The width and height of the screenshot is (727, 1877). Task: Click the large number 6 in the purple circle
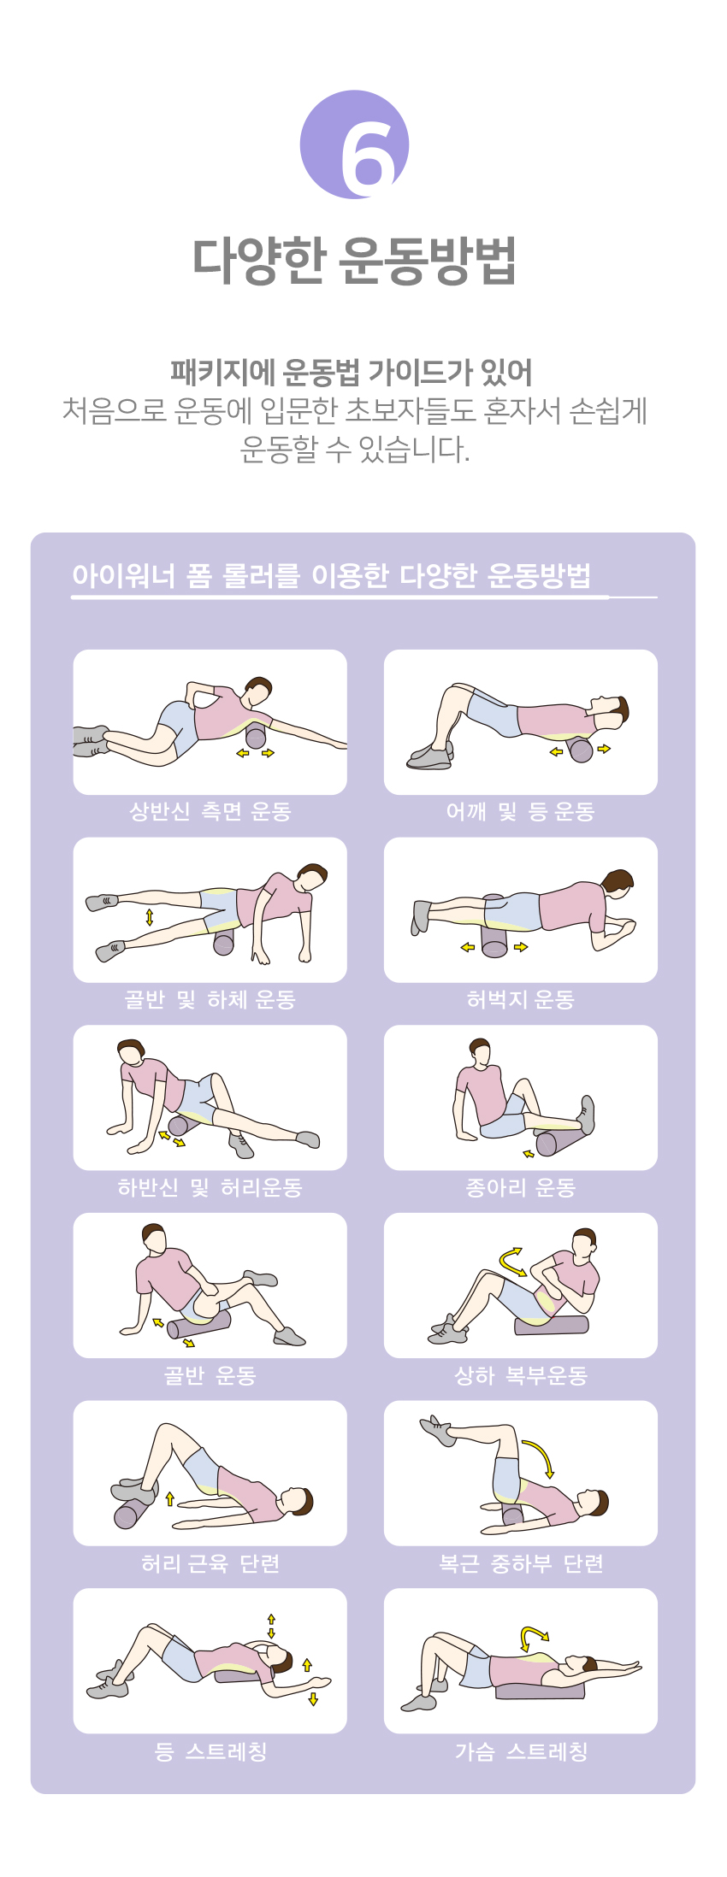367,155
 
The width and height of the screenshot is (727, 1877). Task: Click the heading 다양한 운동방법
354,260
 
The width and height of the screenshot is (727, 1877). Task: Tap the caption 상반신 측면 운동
210,811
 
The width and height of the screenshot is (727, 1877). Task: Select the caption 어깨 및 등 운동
520,811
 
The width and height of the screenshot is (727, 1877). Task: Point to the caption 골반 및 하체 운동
210,999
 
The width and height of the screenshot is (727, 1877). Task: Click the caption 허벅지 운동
520,999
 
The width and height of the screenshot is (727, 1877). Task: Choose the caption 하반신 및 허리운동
210,1187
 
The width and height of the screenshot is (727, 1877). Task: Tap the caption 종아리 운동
520,1187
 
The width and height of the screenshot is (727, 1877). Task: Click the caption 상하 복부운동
520,1375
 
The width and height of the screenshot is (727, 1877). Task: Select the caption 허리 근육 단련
210,1563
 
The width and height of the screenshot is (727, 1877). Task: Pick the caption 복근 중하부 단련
520,1563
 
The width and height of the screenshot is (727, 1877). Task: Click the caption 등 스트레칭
210,1751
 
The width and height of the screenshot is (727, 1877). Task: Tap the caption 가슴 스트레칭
520,1751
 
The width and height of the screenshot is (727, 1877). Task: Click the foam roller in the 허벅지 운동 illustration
495,927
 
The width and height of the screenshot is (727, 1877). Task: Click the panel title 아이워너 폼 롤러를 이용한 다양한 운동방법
331,575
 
